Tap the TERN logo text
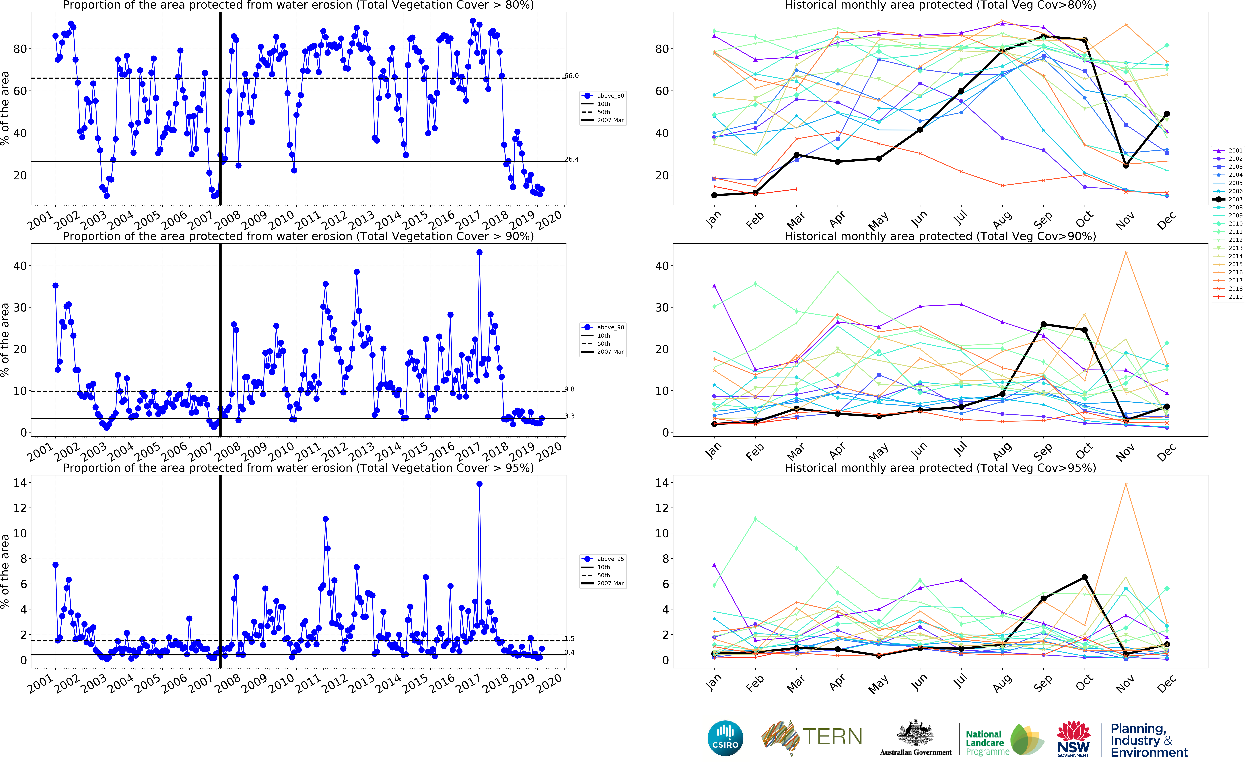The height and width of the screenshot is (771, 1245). [x=832, y=737]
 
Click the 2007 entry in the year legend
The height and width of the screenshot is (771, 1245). [x=1229, y=199]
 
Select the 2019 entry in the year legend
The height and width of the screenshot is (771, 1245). [x=1229, y=297]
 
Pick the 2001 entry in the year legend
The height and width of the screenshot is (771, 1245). [x=1229, y=150]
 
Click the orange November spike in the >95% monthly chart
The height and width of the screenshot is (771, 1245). [x=1126, y=484]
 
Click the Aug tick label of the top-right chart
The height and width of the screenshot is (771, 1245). [x=1002, y=219]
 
